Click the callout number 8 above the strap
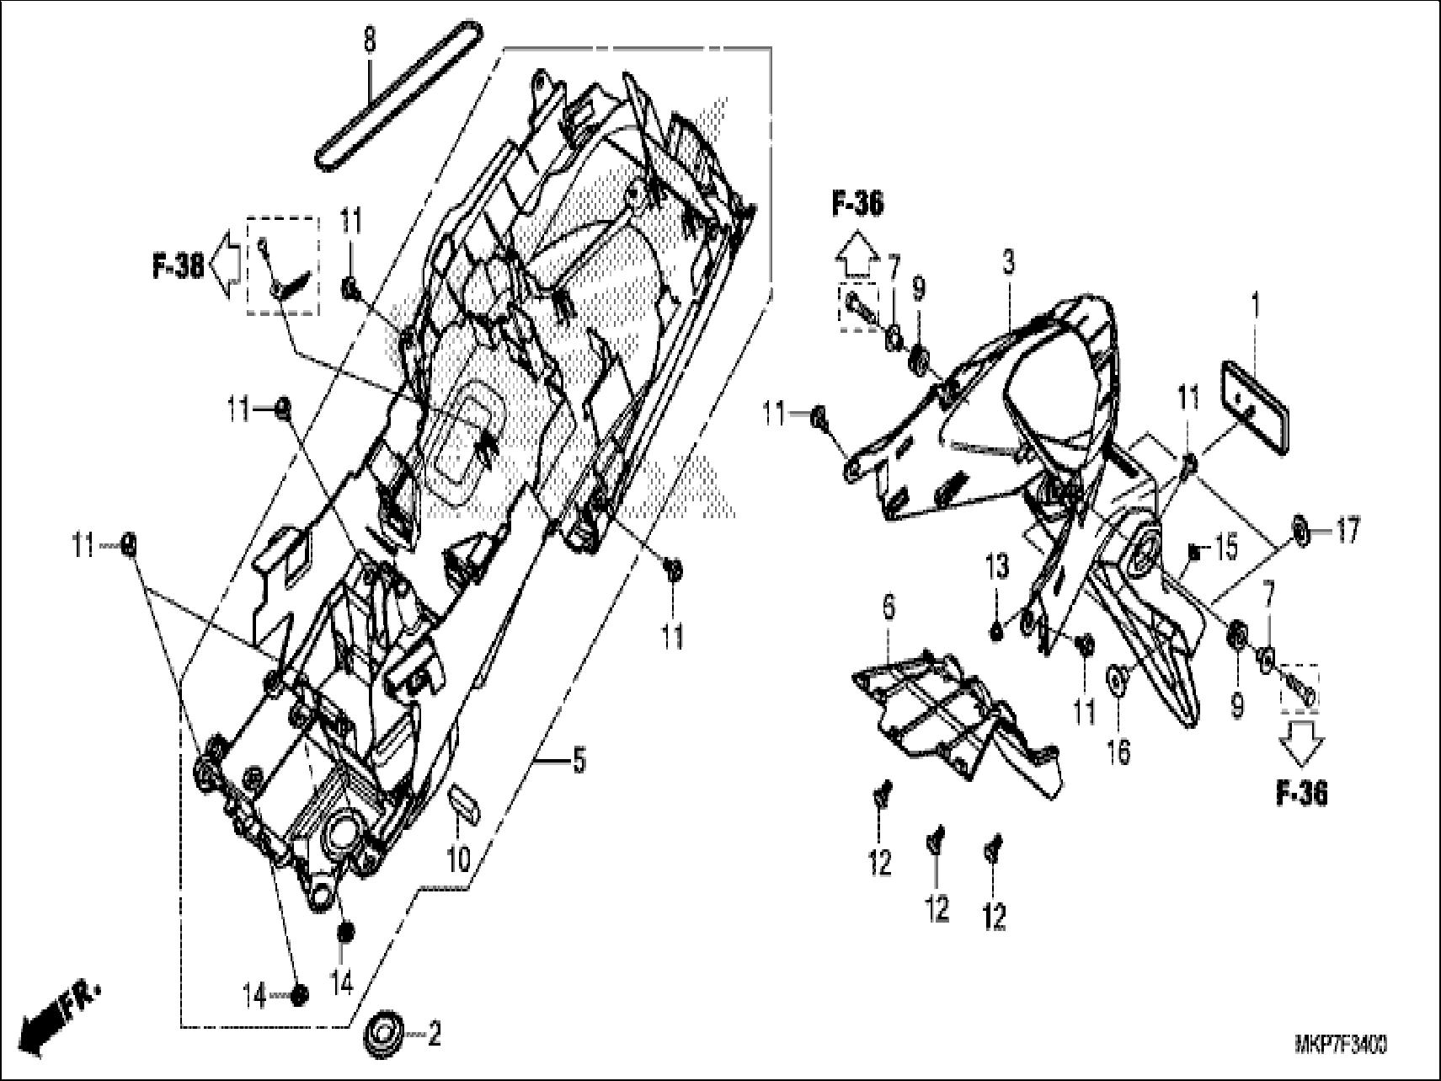click(370, 40)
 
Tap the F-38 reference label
click(178, 268)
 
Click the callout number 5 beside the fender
click(579, 762)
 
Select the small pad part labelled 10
click(464, 801)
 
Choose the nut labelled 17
click(1299, 531)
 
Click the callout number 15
click(1226, 549)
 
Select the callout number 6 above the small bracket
click(889, 607)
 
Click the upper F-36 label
click(857, 204)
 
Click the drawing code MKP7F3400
click(1341, 1046)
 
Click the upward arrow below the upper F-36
click(857, 254)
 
